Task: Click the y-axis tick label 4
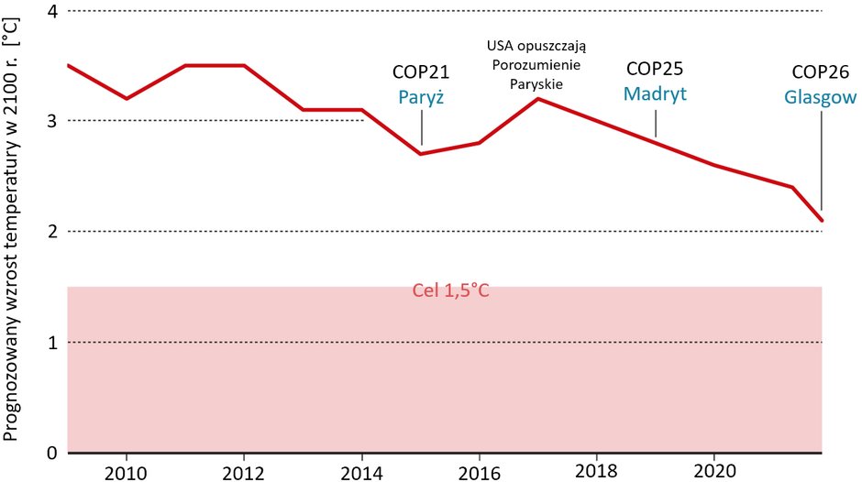click(51, 11)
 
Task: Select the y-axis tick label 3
click(51, 121)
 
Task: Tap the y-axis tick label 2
click(51, 232)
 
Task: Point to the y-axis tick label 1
click(51, 343)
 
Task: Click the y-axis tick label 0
click(51, 453)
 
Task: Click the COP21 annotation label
click(421, 72)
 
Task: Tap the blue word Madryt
click(655, 93)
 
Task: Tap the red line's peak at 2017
click(538, 98)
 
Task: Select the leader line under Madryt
click(656, 122)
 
